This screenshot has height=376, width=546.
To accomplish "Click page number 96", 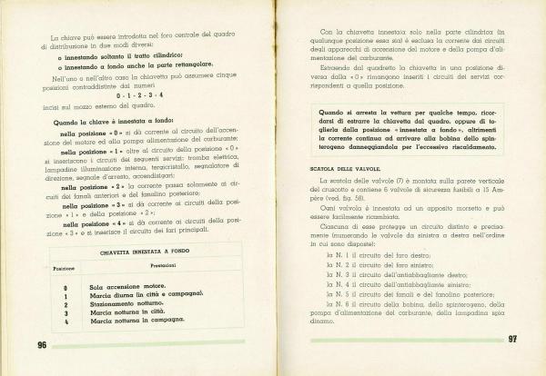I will click(42, 344).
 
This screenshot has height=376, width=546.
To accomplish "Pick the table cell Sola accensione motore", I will click(126, 287).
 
